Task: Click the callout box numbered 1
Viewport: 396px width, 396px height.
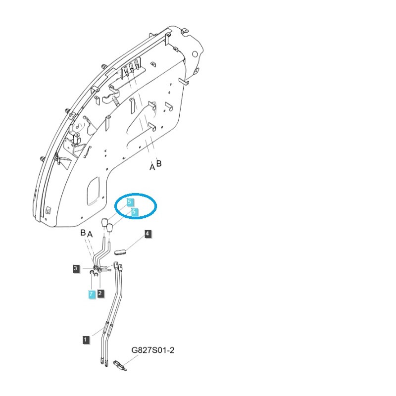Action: coord(86,340)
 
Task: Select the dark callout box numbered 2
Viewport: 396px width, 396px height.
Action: coord(100,294)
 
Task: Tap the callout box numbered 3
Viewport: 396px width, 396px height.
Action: coord(76,268)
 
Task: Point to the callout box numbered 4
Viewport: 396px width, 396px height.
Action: coord(148,234)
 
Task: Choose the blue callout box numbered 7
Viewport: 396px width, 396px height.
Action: coord(91,294)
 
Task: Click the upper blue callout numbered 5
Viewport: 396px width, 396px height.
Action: coord(129,202)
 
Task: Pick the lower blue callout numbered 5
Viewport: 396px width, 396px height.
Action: coord(134,212)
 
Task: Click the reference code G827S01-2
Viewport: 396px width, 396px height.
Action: coord(153,350)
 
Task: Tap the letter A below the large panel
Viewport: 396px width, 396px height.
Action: coord(152,167)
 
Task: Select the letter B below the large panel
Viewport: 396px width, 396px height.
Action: coord(159,163)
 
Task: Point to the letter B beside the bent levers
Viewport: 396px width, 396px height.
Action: coord(83,232)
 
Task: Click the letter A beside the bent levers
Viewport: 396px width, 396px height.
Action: coord(90,233)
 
